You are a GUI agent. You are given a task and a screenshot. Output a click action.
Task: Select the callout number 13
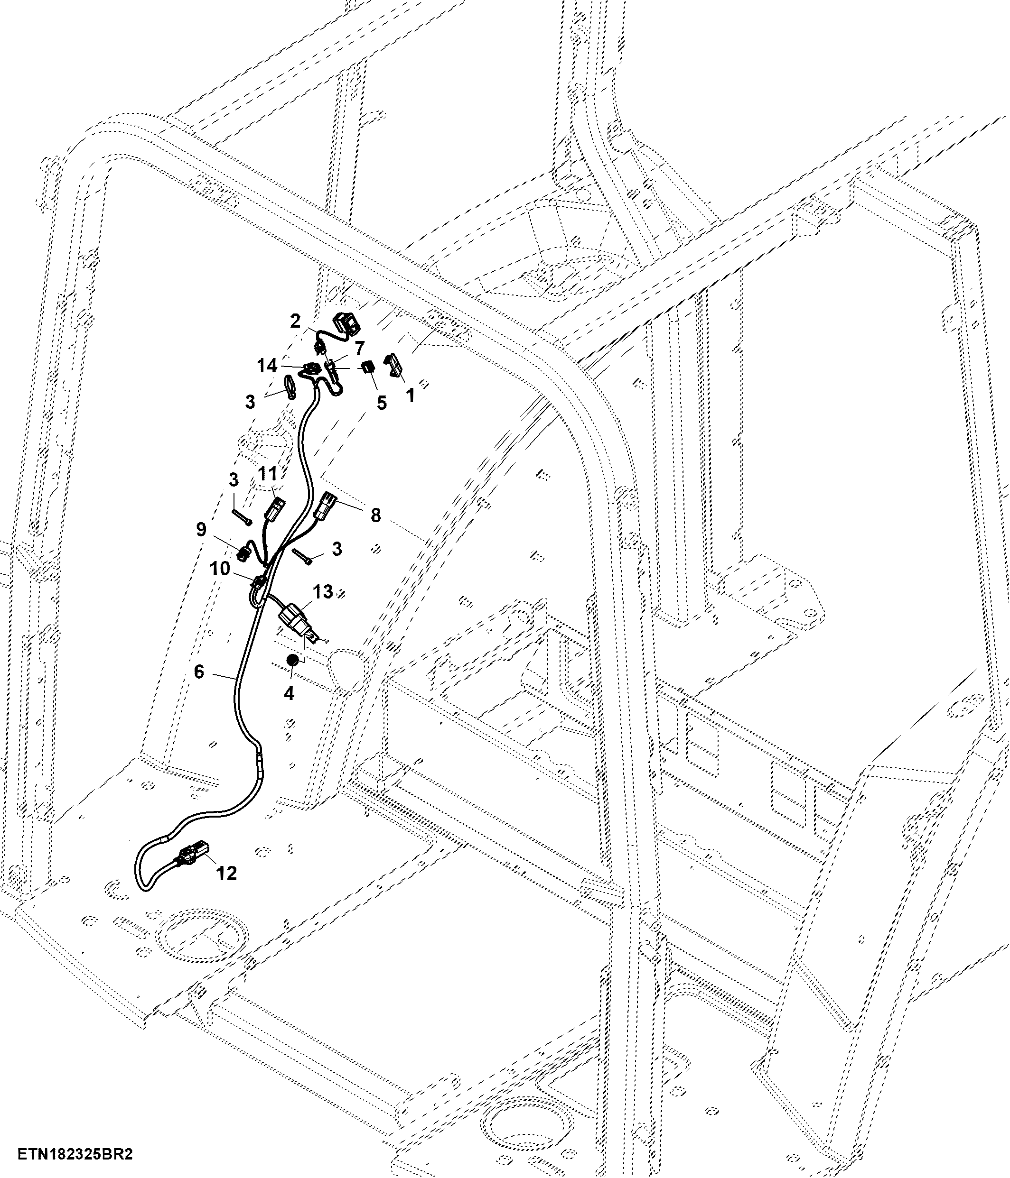click(x=323, y=591)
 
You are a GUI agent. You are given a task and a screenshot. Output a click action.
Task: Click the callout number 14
click(x=267, y=366)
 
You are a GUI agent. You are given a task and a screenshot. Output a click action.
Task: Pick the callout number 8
click(x=375, y=515)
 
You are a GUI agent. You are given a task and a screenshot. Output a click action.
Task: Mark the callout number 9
click(x=201, y=529)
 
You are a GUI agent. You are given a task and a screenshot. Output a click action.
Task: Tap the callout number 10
click(x=220, y=568)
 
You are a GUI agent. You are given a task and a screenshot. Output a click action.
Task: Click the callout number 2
click(x=295, y=321)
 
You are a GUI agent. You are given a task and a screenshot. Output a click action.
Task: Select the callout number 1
click(x=410, y=395)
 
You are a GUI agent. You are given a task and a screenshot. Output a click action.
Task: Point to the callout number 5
click(x=381, y=403)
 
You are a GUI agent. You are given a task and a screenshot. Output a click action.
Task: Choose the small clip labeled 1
click(x=394, y=364)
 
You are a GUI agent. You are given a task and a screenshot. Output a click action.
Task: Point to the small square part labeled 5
click(x=368, y=366)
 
